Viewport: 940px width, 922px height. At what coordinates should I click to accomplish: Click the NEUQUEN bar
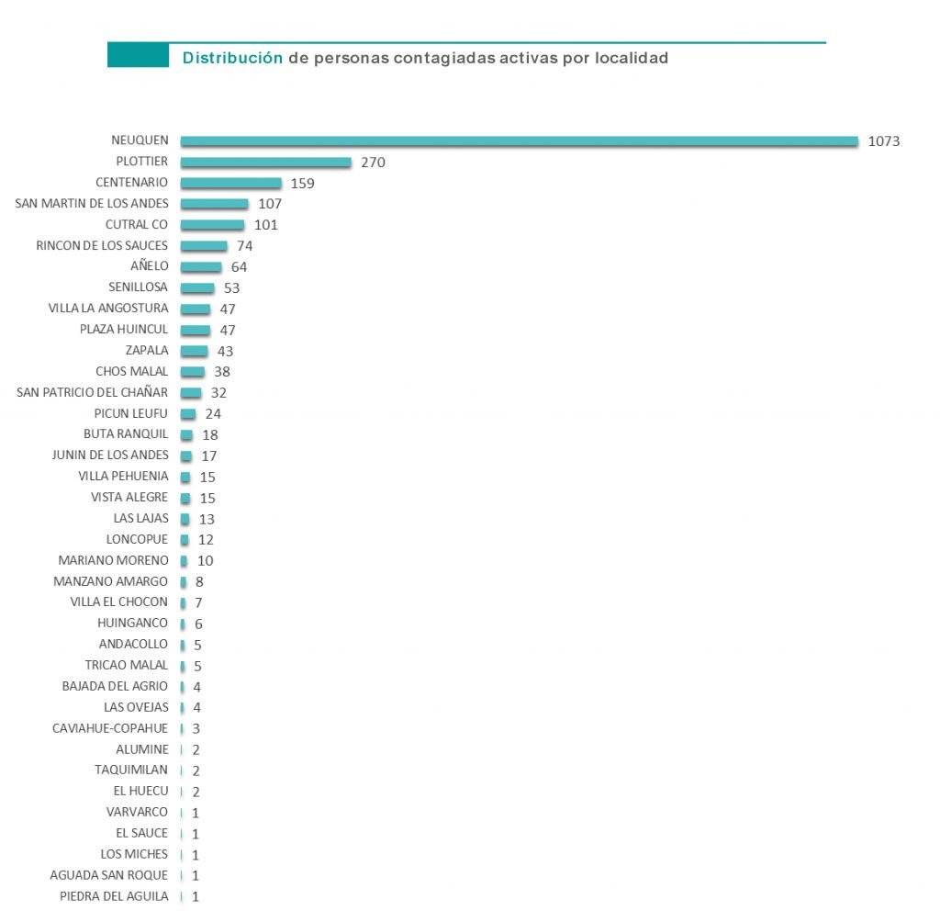[x=519, y=141]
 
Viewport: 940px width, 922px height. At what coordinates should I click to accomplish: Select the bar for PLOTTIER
[x=265, y=163]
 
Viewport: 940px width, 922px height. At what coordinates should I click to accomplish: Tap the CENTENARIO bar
[x=230, y=183]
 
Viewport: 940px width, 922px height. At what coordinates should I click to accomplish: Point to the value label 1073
[x=884, y=141]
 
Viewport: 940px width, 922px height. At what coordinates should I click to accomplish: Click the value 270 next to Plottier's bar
[x=373, y=163]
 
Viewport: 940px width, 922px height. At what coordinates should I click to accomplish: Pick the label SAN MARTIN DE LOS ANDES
[x=93, y=204]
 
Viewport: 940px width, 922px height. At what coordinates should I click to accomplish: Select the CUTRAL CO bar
[x=212, y=225]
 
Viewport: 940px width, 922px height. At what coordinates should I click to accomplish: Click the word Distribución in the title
[x=232, y=58]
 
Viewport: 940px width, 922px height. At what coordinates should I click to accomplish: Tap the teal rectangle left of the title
[x=138, y=55]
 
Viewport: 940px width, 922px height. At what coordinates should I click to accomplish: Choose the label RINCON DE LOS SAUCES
[x=102, y=245]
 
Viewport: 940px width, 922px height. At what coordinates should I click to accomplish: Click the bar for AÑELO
[x=201, y=267]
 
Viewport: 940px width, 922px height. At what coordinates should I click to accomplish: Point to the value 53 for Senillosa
[x=231, y=287]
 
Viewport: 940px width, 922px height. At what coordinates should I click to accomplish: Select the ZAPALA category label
[x=147, y=351]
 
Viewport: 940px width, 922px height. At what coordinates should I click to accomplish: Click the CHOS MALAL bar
[x=193, y=372]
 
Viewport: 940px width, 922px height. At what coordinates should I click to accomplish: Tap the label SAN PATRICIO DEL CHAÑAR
[x=93, y=392]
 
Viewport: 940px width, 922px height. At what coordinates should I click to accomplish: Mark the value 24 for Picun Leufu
[x=213, y=414]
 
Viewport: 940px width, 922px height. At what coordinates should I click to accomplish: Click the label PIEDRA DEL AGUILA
[x=114, y=896]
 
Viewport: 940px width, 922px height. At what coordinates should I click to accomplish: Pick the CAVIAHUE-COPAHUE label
[x=110, y=728]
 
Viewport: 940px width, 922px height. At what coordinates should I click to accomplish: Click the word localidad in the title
[x=631, y=58]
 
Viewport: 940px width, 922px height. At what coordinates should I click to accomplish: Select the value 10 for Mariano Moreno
[x=205, y=560]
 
